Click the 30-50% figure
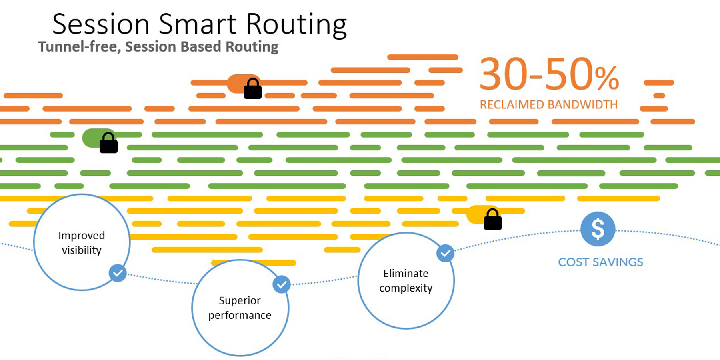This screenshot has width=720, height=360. [549, 75]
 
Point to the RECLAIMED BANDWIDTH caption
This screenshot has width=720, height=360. [549, 105]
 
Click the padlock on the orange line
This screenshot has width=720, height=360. [253, 88]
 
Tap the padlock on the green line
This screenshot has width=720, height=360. [108, 142]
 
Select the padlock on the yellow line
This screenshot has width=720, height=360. [493, 219]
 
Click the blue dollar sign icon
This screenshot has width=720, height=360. [598, 229]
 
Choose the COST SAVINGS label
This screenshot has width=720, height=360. [600, 262]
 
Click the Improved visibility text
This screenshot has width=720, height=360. [82, 243]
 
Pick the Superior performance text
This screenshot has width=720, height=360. [240, 308]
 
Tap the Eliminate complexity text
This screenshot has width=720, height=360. [406, 281]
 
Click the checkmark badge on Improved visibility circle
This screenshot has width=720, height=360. [118, 273]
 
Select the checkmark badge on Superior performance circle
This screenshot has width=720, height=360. [282, 284]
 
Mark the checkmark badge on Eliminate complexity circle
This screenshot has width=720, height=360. [445, 253]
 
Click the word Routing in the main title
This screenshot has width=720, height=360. [296, 25]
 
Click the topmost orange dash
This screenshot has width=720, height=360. [423, 57]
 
